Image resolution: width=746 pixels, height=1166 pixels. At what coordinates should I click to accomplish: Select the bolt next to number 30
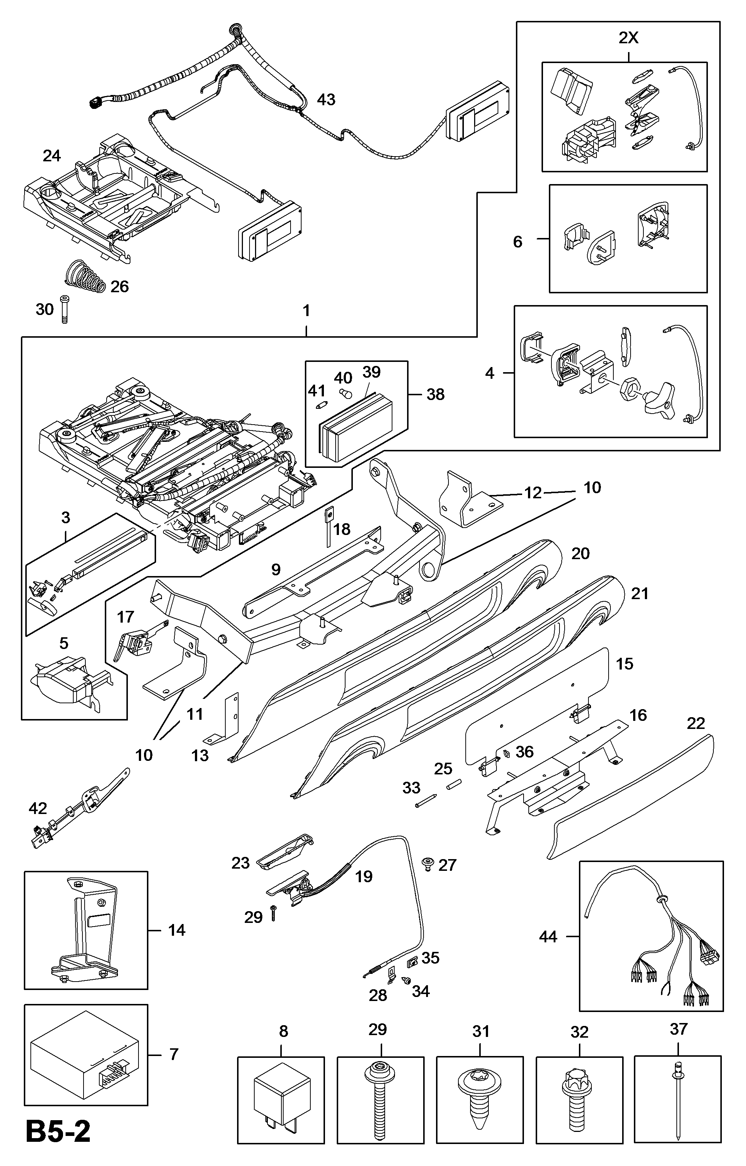[x=64, y=309]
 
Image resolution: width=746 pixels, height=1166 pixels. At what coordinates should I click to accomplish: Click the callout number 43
[x=326, y=99]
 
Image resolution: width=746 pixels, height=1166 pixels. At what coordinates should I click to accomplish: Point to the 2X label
[x=629, y=38]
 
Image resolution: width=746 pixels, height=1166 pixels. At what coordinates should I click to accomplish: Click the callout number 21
[x=639, y=593]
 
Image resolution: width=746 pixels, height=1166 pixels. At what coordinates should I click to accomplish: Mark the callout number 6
[x=517, y=241]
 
